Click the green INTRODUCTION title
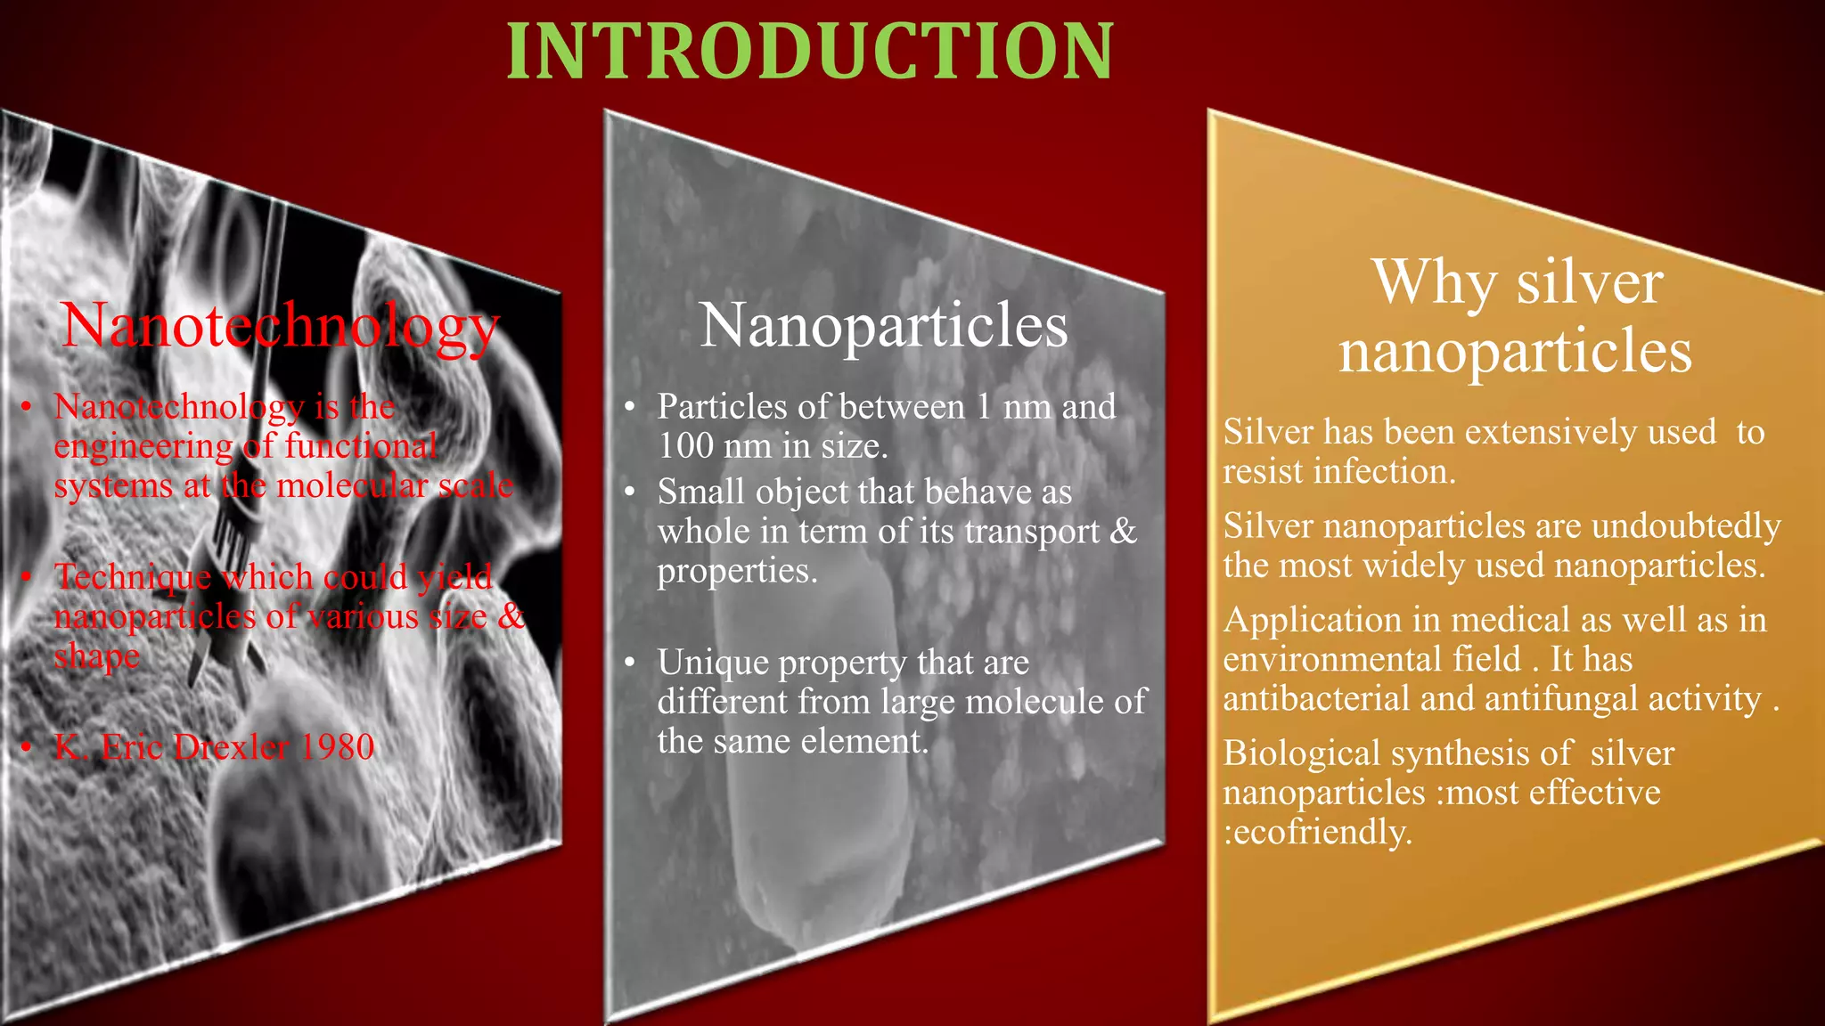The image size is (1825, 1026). (x=809, y=52)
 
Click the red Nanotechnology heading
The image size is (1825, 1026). (x=280, y=325)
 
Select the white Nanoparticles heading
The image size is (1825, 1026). (x=883, y=325)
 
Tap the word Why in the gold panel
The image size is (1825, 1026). (x=1434, y=283)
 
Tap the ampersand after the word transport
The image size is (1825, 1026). (x=1124, y=531)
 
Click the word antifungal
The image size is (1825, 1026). (x=1561, y=698)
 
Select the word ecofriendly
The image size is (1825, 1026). (x=1322, y=832)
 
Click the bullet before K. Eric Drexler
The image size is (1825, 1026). (x=28, y=746)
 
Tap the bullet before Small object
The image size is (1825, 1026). (x=630, y=492)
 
